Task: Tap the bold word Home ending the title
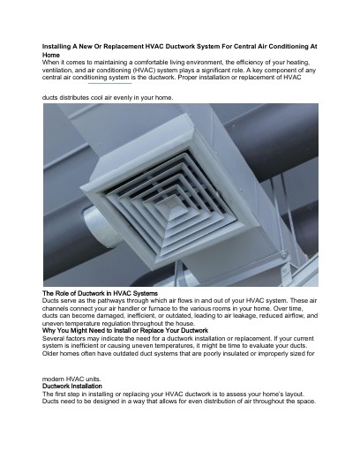pyautogui.click(x=52, y=54)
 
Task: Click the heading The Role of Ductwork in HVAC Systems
pyautogui.click(x=100, y=292)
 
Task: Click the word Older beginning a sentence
pyautogui.click(x=52, y=354)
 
